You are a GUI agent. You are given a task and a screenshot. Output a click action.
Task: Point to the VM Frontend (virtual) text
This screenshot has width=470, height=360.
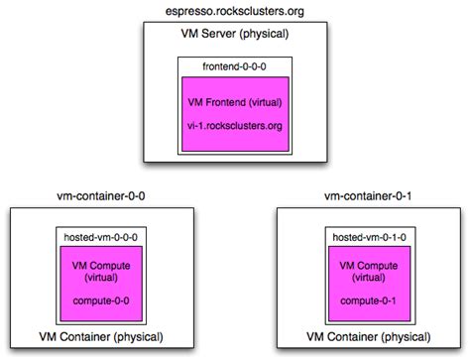click(x=234, y=104)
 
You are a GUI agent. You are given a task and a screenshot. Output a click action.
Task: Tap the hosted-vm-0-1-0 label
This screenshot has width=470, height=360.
click(x=367, y=238)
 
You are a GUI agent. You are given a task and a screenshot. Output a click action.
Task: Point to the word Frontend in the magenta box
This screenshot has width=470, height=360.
click(x=231, y=104)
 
